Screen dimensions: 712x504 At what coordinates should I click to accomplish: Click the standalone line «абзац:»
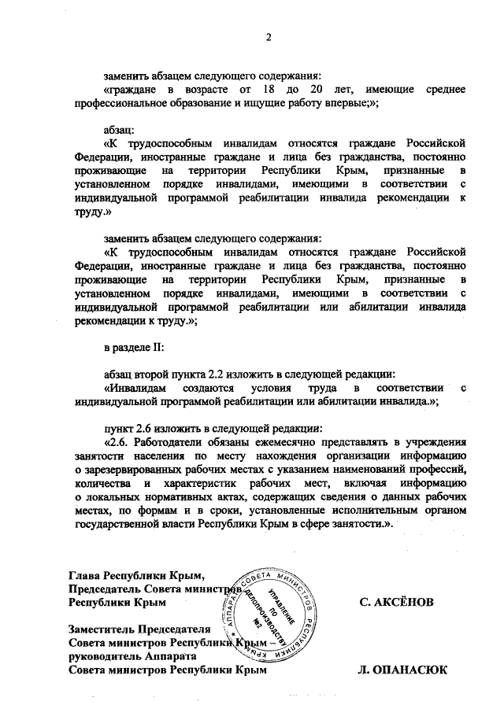120,129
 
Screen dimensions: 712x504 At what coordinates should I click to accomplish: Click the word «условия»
269,387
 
